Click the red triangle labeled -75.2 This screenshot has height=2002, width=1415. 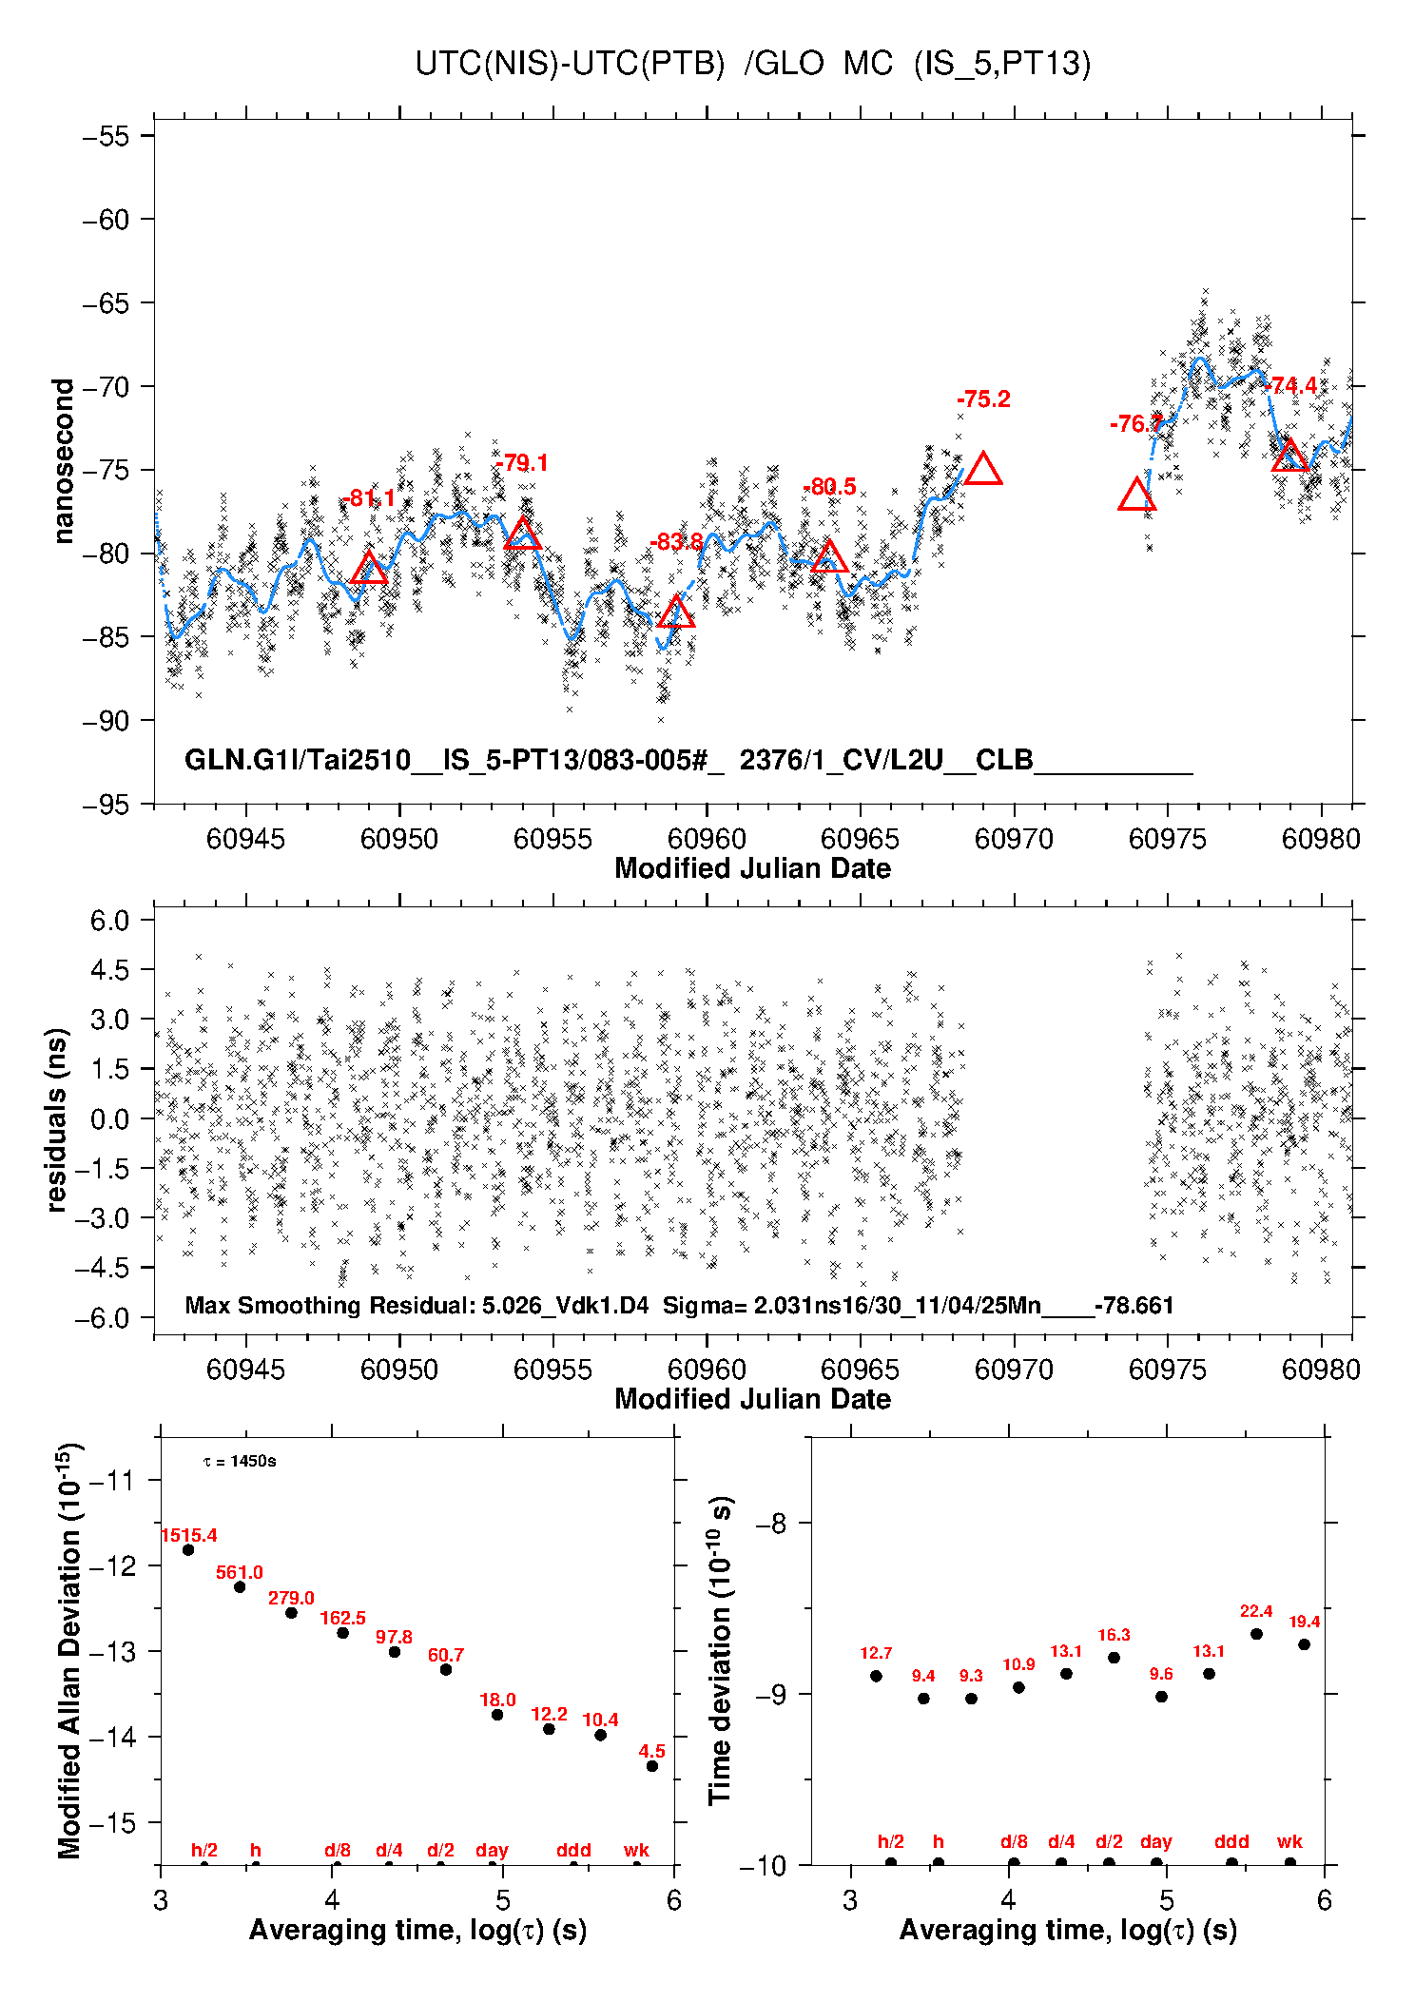[x=983, y=470]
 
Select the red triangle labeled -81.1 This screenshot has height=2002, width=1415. [x=369, y=570]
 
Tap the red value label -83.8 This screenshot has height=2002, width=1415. [x=676, y=542]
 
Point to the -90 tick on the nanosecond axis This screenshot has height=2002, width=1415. [x=106, y=721]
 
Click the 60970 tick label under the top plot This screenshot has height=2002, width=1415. [x=1014, y=839]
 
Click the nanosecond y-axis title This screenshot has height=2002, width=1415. [x=64, y=461]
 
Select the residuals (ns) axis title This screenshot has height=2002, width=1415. [x=57, y=1119]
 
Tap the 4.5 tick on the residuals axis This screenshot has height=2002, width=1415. [x=109, y=970]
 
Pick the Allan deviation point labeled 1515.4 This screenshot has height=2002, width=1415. [x=188, y=1549]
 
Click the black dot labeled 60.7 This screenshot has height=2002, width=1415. [x=446, y=1669]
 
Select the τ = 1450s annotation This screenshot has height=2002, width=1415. [x=240, y=1461]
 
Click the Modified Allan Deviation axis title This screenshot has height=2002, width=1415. [x=69, y=1651]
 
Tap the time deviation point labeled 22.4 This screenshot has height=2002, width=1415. [x=1256, y=1634]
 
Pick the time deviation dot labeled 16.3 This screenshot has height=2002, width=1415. [x=1114, y=1658]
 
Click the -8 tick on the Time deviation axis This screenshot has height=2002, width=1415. [x=770, y=1524]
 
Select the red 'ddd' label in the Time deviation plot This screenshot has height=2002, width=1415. [x=1231, y=1841]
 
